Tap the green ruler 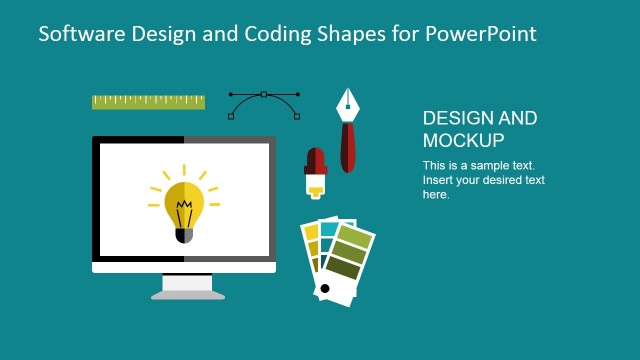[148, 101]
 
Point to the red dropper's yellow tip [316, 185]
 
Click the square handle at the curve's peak [264, 94]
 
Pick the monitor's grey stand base [187, 293]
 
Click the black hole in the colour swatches [323, 289]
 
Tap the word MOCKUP [463, 140]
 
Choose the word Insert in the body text [439, 180]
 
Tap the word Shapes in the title [345, 33]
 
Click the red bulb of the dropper [316, 160]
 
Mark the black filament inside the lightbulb [184, 213]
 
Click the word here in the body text [436, 195]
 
